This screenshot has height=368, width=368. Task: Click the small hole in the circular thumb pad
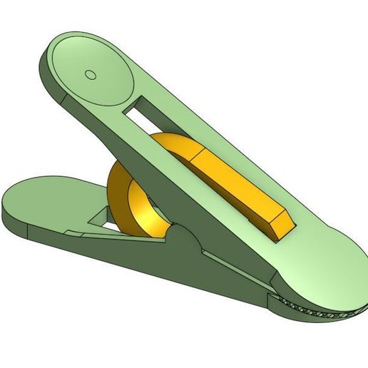tap(90, 73)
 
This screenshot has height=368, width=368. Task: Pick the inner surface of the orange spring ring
tap(146, 203)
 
